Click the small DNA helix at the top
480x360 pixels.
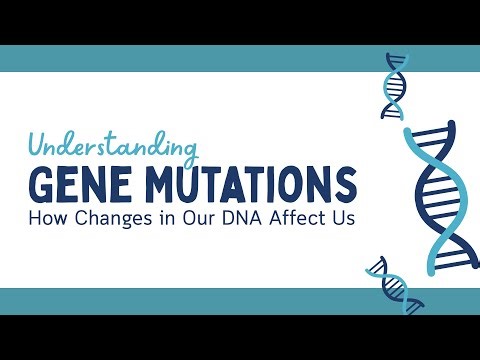tap(396, 87)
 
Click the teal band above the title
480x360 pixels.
tap(200, 59)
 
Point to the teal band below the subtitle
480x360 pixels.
tap(200, 300)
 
